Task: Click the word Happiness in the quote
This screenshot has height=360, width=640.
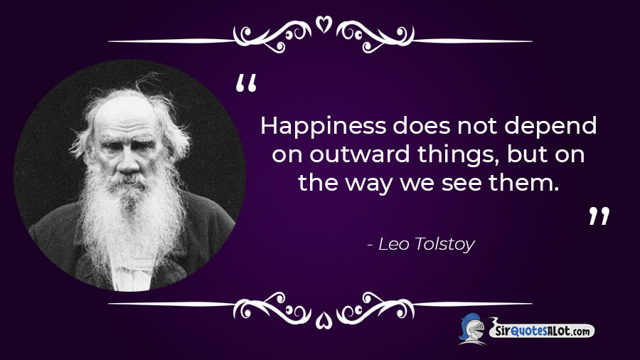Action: click(323, 126)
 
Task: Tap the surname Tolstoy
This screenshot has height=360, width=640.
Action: click(444, 245)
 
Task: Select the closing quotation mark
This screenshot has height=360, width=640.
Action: click(599, 216)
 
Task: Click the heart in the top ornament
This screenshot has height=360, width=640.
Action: click(324, 24)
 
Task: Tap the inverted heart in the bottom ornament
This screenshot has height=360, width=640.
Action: click(324, 319)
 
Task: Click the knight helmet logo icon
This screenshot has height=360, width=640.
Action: click(472, 329)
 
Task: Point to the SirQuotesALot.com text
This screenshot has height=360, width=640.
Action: click(543, 331)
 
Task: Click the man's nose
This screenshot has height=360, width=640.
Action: click(129, 162)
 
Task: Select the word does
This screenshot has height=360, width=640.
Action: click(422, 126)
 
